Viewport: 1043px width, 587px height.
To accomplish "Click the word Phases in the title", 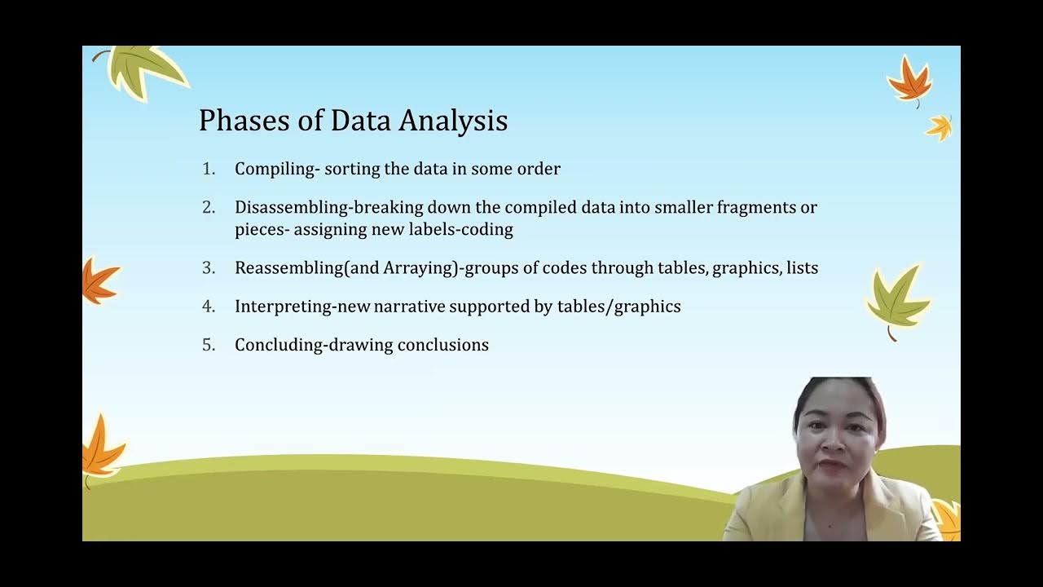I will pos(237,121).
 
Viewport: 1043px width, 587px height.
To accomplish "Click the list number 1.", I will pos(209,169).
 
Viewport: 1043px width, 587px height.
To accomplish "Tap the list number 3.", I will pos(209,267).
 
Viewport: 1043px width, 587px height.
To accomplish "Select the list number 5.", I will pos(209,345).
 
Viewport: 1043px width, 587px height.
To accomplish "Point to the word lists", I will pos(802,267).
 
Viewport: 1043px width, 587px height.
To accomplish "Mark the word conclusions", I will pos(443,345).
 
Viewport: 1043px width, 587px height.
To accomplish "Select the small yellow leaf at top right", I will pos(940,126).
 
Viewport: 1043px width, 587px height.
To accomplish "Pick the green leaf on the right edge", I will pos(896,298).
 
